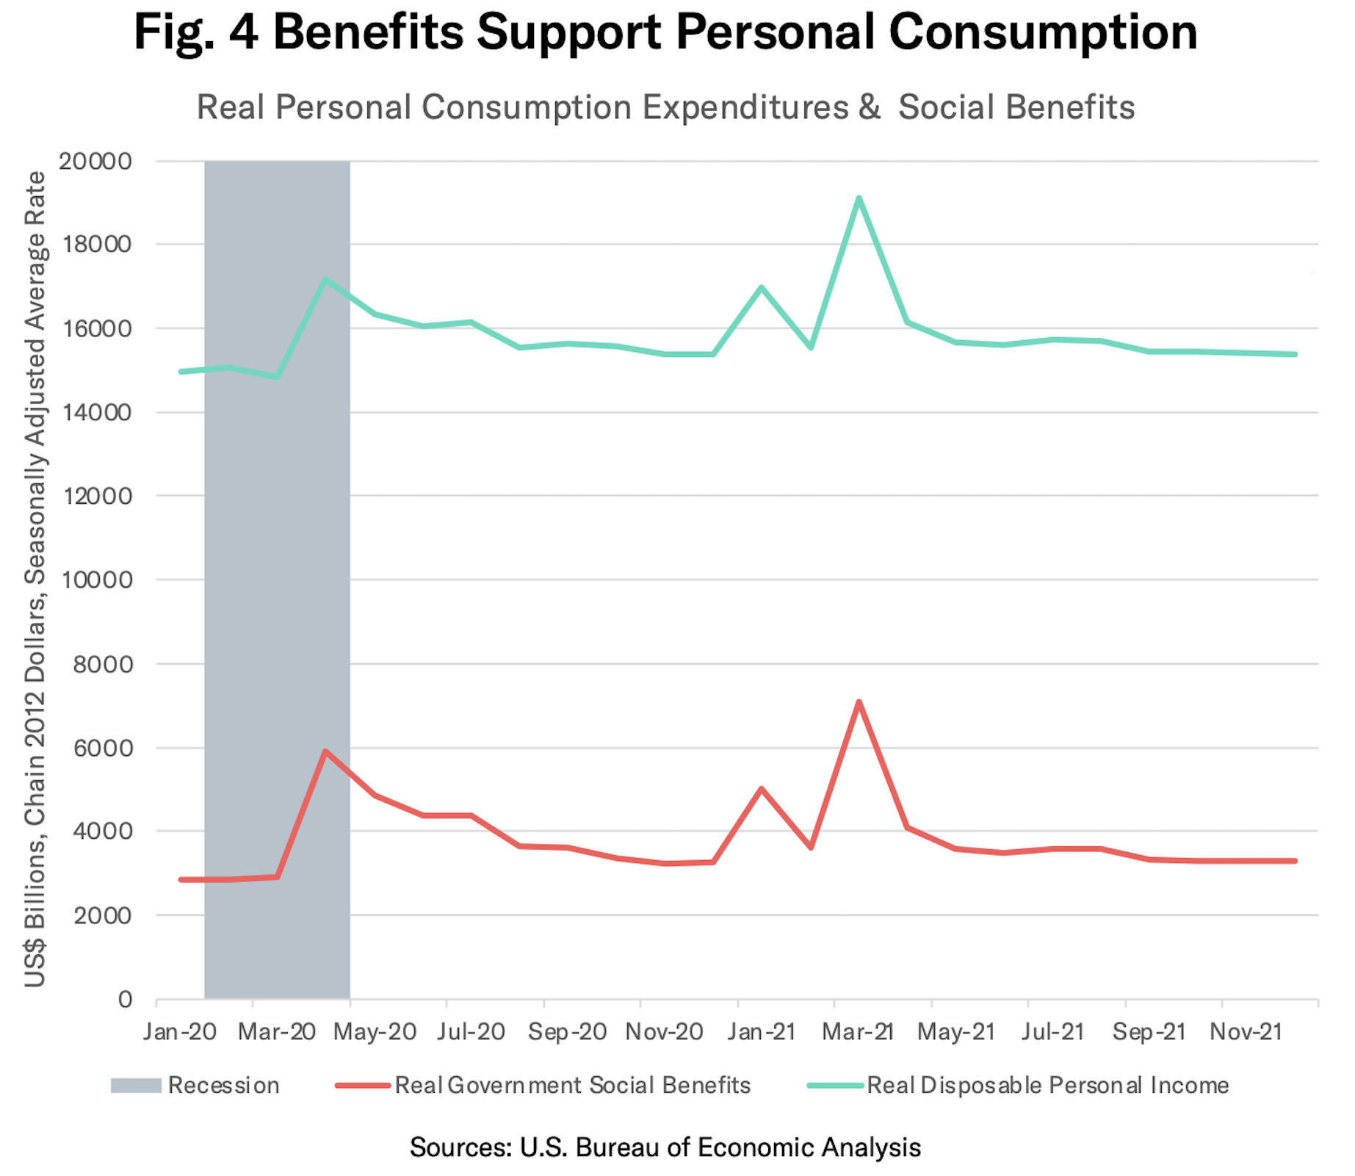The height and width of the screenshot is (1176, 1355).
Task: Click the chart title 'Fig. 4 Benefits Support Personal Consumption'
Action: (665, 32)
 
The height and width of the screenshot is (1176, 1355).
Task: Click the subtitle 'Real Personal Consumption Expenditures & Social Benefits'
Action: (665, 107)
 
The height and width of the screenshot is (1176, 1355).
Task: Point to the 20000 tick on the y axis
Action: (95, 161)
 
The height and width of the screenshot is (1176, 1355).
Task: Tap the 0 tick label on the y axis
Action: (126, 999)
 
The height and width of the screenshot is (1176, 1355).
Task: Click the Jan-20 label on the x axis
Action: (180, 1032)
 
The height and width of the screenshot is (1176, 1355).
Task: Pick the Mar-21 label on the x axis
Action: (858, 1032)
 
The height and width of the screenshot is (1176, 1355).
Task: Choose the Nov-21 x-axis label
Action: (1246, 1032)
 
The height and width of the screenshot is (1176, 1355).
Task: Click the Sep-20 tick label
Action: (567, 1032)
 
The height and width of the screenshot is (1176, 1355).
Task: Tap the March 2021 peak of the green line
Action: (859, 198)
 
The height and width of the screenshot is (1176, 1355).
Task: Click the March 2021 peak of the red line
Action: (859, 702)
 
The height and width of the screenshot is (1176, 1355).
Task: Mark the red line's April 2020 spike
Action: (325, 751)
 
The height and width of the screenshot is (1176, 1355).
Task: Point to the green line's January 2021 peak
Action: (762, 287)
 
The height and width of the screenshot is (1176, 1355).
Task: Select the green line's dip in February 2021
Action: (811, 347)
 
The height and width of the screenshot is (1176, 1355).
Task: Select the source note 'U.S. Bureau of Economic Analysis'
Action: (665, 1147)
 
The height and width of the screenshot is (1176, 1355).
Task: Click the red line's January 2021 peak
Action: (762, 789)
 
